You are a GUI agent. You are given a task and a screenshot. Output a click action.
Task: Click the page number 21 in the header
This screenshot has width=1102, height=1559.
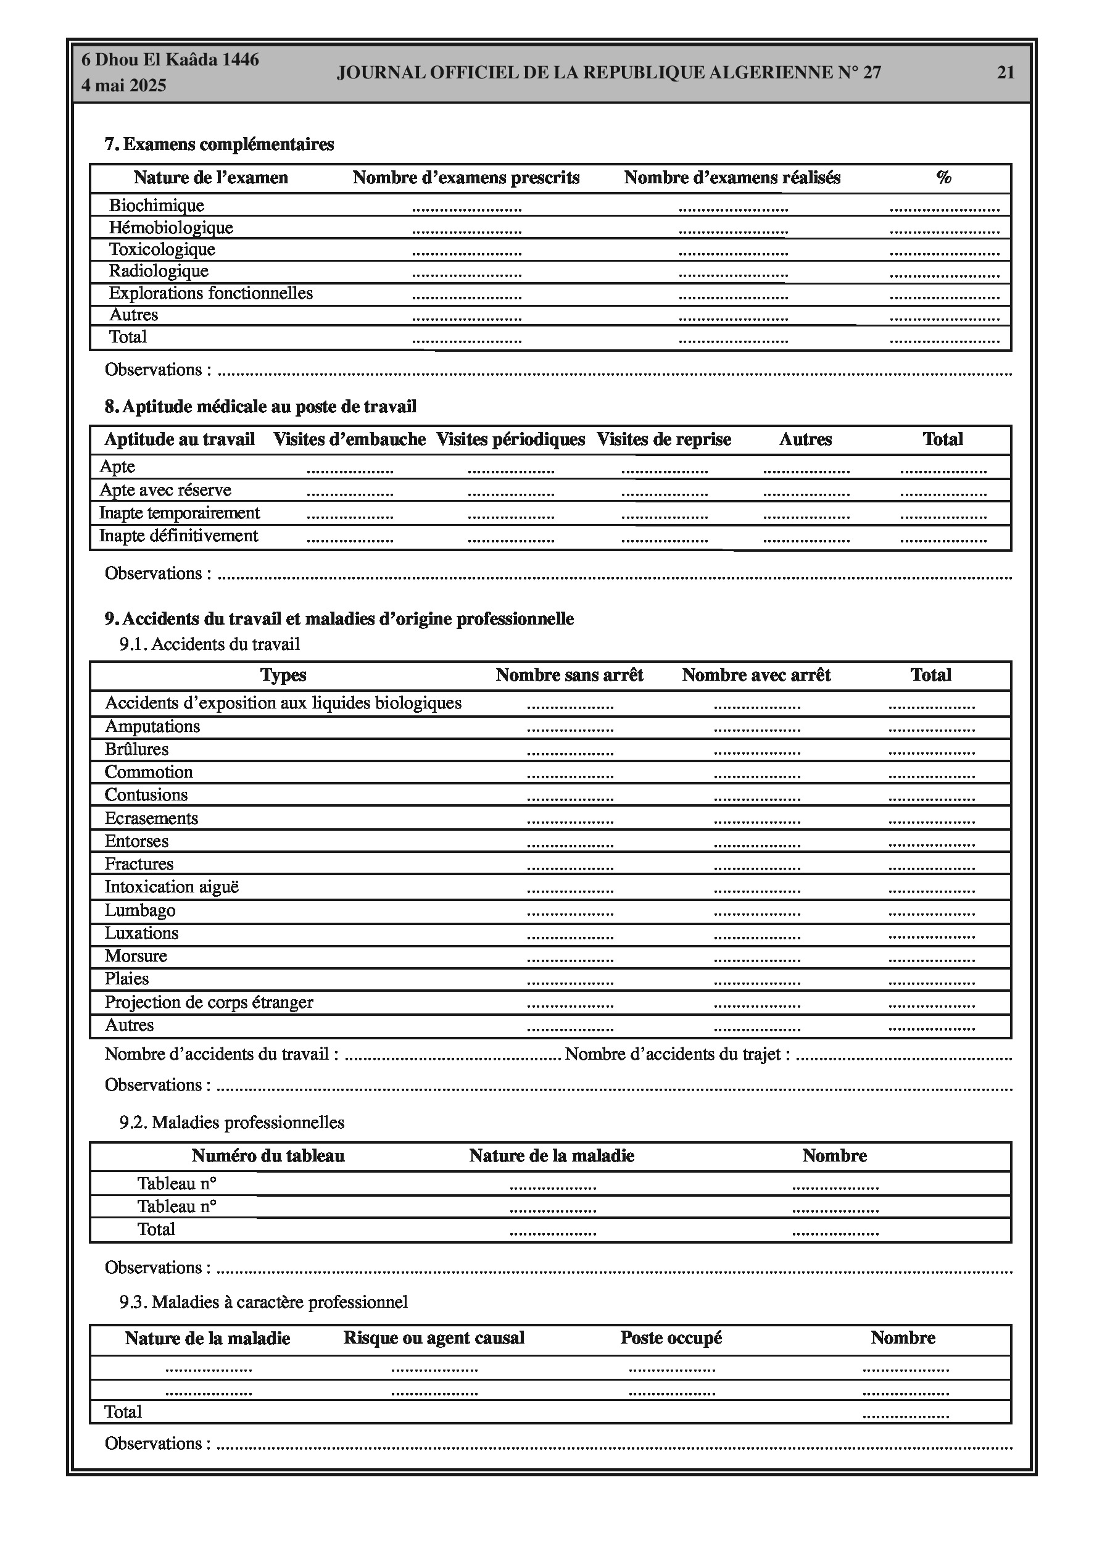[x=1005, y=73]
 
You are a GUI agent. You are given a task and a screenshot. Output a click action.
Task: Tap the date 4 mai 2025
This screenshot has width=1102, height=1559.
[x=123, y=86]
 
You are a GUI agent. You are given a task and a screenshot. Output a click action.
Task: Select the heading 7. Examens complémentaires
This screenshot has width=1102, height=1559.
[x=218, y=144]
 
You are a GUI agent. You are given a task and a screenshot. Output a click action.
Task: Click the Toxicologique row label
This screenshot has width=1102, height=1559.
[x=162, y=249]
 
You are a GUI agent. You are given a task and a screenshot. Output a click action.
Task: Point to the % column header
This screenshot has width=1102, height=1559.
[x=943, y=178]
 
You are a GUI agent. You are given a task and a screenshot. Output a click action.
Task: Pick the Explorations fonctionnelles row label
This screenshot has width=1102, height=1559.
[x=210, y=293]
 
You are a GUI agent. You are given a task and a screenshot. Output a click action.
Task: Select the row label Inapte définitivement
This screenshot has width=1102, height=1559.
[x=178, y=536]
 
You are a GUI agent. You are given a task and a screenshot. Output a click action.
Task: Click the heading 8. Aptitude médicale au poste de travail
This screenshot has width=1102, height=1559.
[x=260, y=407]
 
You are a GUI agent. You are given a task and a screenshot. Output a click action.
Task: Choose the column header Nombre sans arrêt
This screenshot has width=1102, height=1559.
[x=569, y=675]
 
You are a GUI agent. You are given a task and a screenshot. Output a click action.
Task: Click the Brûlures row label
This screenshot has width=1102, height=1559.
[x=136, y=749]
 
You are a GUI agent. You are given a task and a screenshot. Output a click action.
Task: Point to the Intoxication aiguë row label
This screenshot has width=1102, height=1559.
[x=171, y=887]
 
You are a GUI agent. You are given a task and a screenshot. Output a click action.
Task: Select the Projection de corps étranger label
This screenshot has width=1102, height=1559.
[x=209, y=1002]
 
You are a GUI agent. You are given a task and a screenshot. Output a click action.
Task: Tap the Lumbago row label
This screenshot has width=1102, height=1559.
[x=140, y=910]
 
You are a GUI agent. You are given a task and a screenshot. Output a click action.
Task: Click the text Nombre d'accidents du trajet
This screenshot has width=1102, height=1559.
[x=677, y=1055]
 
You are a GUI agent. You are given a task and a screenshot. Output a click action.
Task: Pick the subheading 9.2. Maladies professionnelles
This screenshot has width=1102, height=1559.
[x=231, y=1123]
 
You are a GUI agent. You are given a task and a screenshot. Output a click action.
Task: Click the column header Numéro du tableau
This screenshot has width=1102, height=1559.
[x=268, y=1155]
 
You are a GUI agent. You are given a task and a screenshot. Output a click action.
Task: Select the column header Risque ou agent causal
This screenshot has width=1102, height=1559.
[x=433, y=1337]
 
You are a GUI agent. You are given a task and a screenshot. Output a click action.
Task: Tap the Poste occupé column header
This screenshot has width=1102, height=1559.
[x=670, y=1337]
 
